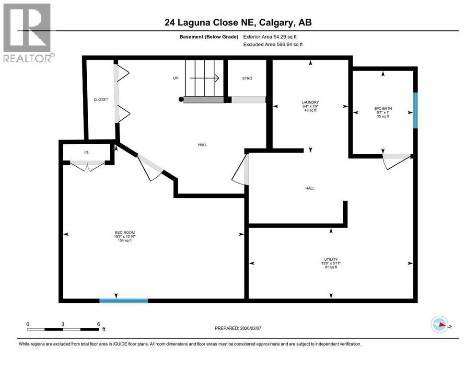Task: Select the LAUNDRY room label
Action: click(x=310, y=102)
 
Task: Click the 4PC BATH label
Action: click(x=383, y=108)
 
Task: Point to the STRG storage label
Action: click(x=247, y=78)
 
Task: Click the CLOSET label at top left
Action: click(x=101, y=100)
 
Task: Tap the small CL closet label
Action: click(x=87, y=152)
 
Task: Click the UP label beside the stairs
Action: click(x=175, y=78)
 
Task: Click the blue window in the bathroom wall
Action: click(x=416, y=110)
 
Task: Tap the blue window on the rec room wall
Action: click(x=124, y=300)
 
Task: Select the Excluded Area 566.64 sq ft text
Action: click(x=273, y=44)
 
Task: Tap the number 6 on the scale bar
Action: click(x=98, y=324)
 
